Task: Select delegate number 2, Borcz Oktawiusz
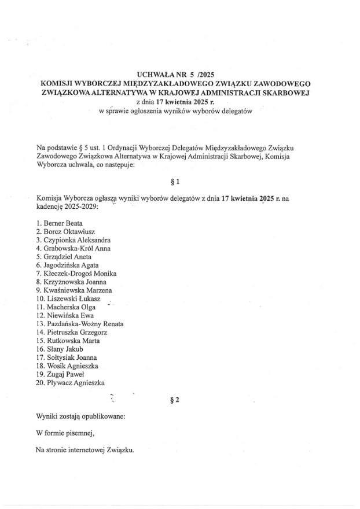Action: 68,231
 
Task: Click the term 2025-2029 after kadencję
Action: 79,206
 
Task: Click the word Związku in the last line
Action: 119,449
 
